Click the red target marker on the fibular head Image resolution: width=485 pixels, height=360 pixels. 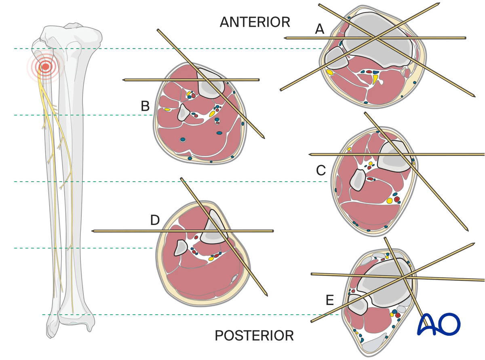[46, 66]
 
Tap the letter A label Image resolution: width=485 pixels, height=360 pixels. [320, 29]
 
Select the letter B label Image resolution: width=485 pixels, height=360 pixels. [145, 106]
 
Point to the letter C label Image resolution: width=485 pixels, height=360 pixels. [321, 171]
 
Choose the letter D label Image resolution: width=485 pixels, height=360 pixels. [155, 220]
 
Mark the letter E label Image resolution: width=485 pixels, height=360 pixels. [330, 300]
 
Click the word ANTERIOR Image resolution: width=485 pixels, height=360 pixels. [255, 22]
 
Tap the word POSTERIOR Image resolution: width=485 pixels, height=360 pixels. [254, 335]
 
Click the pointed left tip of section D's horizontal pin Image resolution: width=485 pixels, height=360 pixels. [93, 231]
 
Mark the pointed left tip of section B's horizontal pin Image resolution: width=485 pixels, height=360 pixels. [123, 80]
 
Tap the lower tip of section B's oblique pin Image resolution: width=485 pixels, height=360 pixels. [264, 138]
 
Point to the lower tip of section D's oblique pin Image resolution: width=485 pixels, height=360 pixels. [267, 294]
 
